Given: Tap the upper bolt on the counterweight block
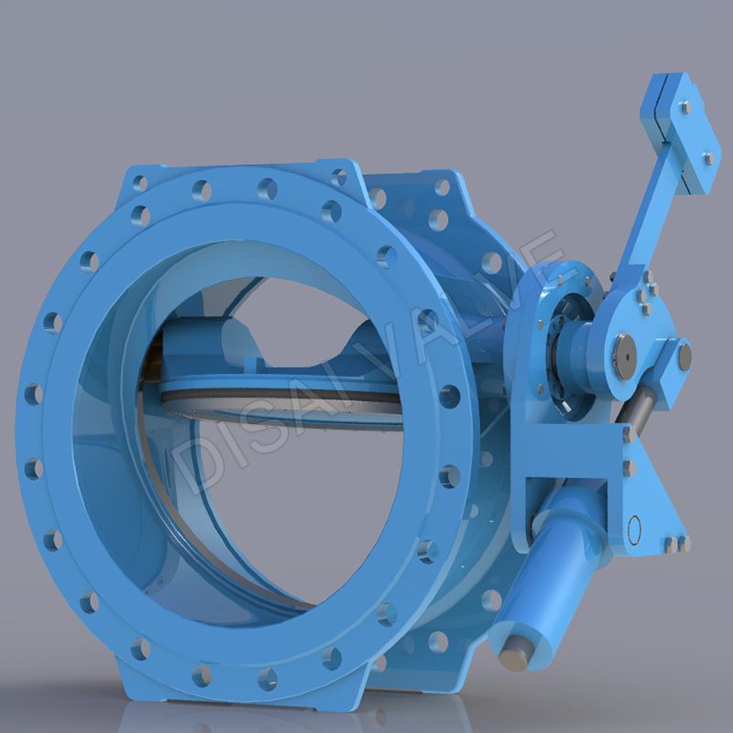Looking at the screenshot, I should (685, 107).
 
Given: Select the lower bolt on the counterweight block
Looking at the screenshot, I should (707, 159).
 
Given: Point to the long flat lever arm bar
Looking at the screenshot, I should (651, 220).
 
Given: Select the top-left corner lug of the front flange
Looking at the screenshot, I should (137, 179).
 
